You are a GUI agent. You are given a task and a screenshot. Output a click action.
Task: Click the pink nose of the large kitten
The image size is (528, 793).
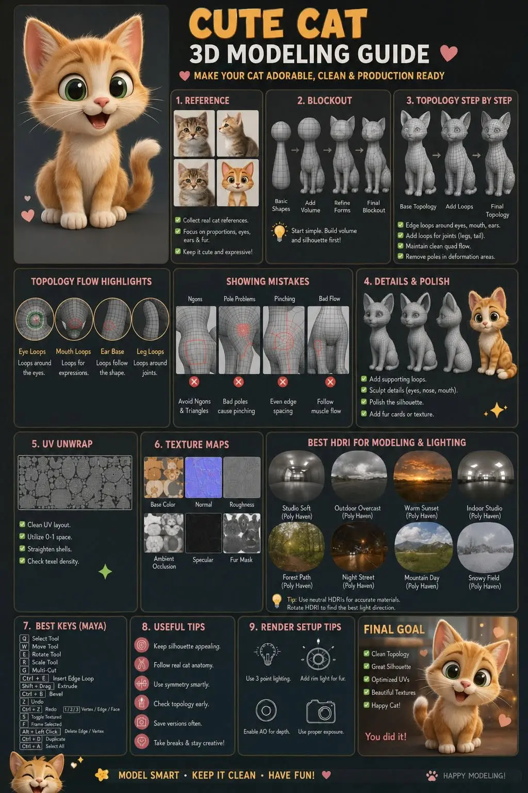[102, 102]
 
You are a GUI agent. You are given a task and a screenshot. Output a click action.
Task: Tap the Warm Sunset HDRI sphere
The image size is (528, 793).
[423, 477]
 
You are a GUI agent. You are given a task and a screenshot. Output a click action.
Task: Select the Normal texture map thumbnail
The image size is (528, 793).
[203, 477]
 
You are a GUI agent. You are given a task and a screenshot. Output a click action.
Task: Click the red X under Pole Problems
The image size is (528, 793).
[238, 382]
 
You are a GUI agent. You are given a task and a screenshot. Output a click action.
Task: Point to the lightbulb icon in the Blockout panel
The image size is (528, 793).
[279, 232]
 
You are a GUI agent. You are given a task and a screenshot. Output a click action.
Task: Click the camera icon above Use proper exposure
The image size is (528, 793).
[320, 711]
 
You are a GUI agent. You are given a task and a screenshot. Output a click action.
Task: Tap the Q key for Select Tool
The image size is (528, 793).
[24, 638]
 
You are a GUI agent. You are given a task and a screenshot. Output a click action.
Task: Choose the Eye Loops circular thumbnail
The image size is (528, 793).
[35, 319]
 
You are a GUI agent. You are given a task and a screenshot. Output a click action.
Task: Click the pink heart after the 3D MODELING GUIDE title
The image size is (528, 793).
[449, 54]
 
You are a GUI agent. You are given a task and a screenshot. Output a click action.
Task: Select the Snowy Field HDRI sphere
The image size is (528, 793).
[485, 547]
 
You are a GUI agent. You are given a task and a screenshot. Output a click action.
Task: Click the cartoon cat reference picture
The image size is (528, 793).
[237, 183]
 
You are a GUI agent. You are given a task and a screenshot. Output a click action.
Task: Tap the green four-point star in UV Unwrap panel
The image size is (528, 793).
[105, 572]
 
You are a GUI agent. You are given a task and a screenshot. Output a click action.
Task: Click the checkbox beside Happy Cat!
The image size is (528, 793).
[367, 705]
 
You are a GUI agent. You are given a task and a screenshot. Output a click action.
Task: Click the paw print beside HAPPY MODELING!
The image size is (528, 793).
[432, 775]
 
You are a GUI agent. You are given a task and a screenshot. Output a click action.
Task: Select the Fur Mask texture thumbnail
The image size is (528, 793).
[242, 533]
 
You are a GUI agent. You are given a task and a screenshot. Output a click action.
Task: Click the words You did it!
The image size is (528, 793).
[386, 736]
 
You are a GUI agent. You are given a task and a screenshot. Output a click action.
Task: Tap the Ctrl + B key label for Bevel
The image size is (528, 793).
[32, 694]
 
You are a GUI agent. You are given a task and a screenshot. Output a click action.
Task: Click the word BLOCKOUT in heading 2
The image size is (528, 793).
[329, 101]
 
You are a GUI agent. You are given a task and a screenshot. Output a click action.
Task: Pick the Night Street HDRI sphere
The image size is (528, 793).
[359, 547]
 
